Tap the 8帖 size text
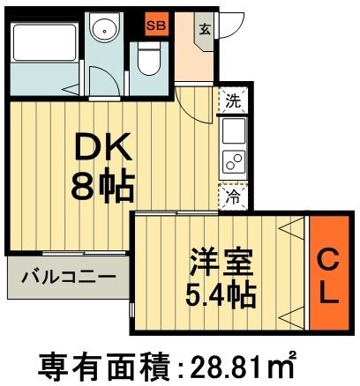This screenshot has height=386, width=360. point(103,186)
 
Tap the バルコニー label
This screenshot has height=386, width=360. point(68,277)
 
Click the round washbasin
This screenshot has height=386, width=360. point(109,30)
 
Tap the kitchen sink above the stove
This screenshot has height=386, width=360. point(234,132)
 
